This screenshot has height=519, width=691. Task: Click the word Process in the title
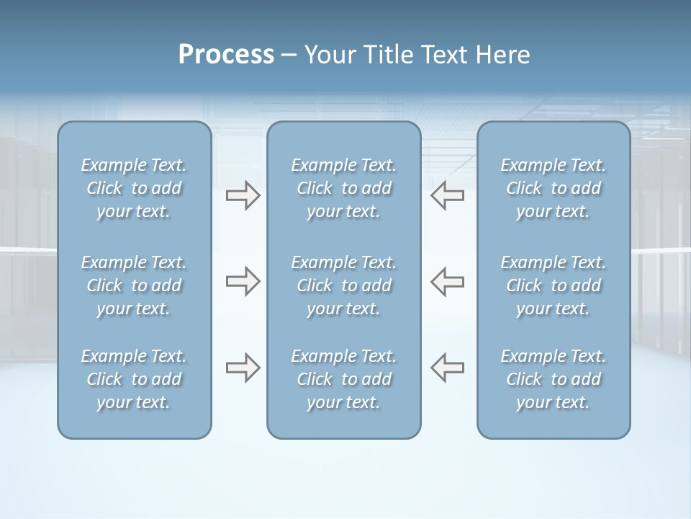(226, 55)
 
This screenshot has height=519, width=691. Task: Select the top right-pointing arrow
(243, 195)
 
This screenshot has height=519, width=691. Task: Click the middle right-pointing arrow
(243, 281)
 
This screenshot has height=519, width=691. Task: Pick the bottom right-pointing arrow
(243, 368)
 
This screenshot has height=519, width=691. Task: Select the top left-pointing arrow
(448, 195)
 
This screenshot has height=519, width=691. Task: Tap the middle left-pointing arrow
(448, 281)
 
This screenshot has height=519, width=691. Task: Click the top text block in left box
(134, 188)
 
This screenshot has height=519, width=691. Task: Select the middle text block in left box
(134, 285)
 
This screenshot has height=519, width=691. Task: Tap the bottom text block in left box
(134, 379)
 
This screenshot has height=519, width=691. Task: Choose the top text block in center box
(344, 188)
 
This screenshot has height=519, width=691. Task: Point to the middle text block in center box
(344, 285)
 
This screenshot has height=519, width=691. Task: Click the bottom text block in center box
(344, 379)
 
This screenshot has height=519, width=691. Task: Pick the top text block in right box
(554, 188)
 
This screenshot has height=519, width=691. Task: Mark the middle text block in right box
(554, 285)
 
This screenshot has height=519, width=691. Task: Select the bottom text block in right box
(554, 379)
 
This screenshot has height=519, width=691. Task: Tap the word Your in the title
(328, 55)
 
